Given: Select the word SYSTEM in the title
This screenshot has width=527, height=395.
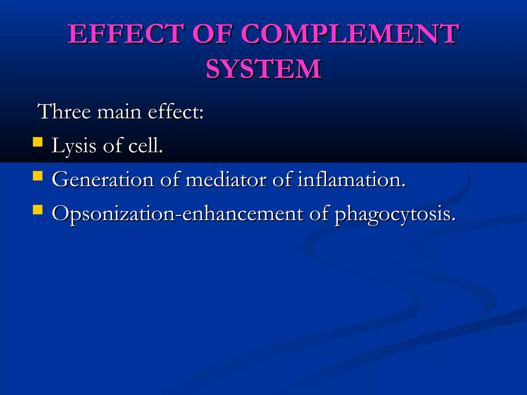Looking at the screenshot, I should pyautogui.click(x=263, y=69).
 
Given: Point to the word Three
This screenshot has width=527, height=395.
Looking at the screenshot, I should pyautogui.click(x=64, y=112).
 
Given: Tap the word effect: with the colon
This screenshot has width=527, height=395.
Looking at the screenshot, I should pyautogui.click(x=176, y=112).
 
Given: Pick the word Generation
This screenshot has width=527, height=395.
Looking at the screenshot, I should pyautogui.click(x=103, y=179).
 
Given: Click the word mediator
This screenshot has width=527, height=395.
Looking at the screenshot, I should pyautogui.click(x=226, y=179).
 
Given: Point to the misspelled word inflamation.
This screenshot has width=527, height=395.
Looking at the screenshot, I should pyautogui.click(x=352, y=179).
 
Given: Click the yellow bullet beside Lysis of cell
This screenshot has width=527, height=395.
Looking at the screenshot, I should pyautogui.click(x=38, y=142).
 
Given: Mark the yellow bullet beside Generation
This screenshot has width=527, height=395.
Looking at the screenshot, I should pyautogui.click(x=38, y=176).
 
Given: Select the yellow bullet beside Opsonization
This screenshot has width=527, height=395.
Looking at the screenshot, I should pyautogui.click(x=38, y=210).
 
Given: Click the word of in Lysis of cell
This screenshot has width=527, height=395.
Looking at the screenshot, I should pyautogui.click(x=112, y=146).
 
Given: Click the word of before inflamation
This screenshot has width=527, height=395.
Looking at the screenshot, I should pyautogui.click(x=282, y=179).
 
